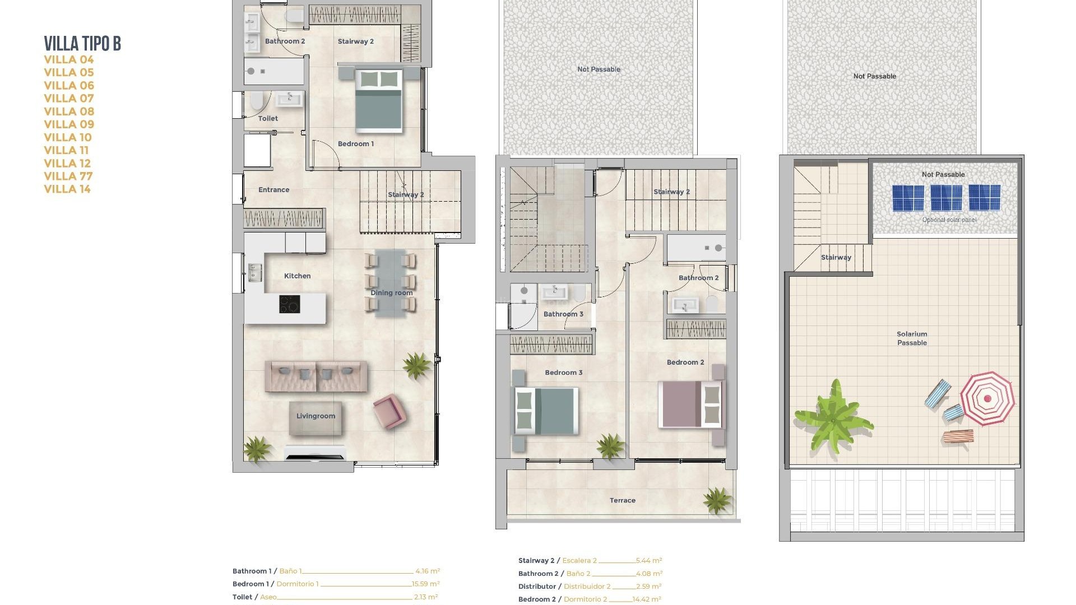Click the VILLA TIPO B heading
82,44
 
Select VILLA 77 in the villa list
68,176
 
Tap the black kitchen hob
290,304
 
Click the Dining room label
391,293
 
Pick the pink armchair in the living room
389,411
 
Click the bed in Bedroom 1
379,101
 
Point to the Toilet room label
268,119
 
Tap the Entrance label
273,190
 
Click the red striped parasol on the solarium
987,398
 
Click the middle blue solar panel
946,198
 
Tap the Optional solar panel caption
949,220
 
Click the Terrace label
622,501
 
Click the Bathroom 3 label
563,314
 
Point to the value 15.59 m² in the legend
425,584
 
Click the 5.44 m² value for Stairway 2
649,560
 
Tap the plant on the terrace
717,500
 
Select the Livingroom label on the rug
316,416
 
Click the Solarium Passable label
912,338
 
